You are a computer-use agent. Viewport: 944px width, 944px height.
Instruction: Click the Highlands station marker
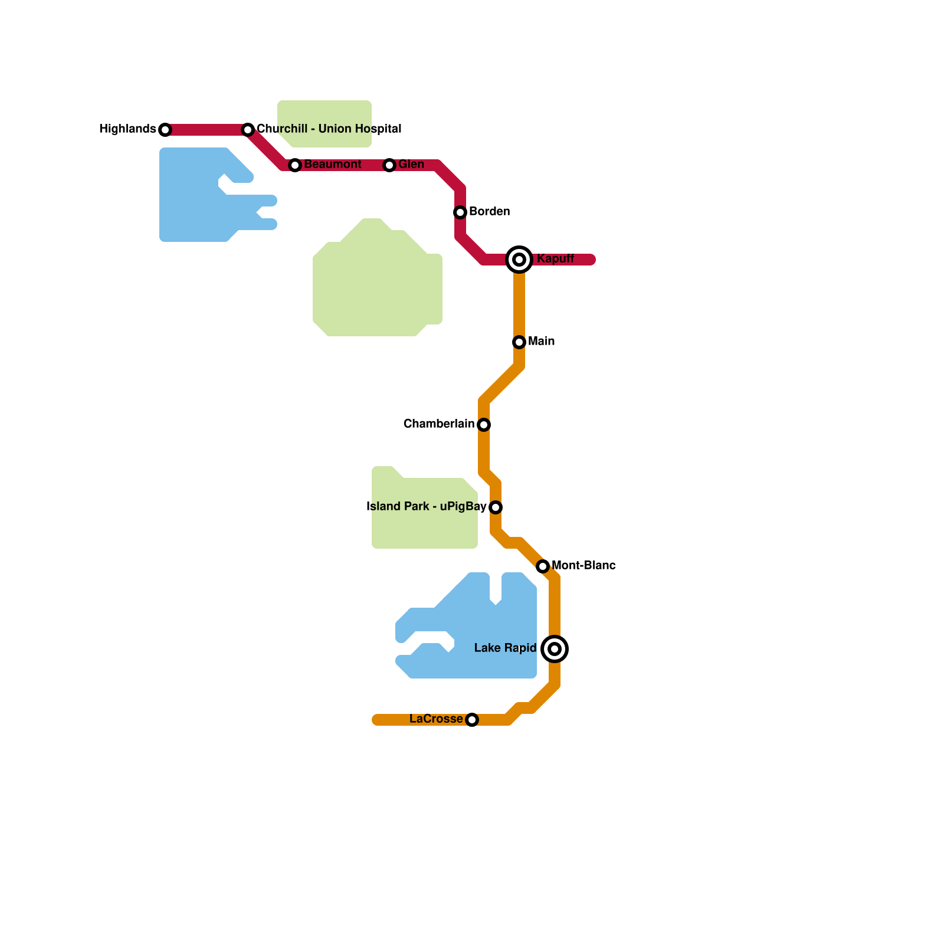165,130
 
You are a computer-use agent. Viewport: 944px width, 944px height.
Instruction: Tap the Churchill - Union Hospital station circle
248,130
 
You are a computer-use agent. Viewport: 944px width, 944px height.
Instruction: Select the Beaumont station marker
295,165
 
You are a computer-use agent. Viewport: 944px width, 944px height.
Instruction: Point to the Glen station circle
389,165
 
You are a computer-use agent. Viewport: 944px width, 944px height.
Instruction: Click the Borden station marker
460,212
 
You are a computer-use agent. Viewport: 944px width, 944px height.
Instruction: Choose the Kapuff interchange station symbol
519,260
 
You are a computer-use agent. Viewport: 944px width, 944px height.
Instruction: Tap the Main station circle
519,342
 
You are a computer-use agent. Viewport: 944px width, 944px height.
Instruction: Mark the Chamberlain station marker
484,425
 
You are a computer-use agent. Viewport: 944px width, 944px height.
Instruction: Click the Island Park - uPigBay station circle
496,507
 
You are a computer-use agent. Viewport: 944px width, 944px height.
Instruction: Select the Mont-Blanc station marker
543,566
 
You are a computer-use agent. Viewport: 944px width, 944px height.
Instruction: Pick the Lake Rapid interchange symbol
555,649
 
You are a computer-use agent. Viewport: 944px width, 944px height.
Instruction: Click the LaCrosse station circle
472,720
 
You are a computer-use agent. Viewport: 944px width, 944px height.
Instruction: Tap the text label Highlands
127,129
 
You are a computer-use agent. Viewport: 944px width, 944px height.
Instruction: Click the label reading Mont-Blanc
584,566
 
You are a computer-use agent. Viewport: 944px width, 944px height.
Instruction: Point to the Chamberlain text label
439,424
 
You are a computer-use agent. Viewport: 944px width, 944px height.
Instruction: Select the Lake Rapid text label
505,648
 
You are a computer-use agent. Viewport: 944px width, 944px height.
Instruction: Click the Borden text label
489,212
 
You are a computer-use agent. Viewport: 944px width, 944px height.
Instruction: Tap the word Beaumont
333,165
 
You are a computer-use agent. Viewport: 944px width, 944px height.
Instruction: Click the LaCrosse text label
436,719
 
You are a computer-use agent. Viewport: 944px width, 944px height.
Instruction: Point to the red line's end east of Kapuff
592,260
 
